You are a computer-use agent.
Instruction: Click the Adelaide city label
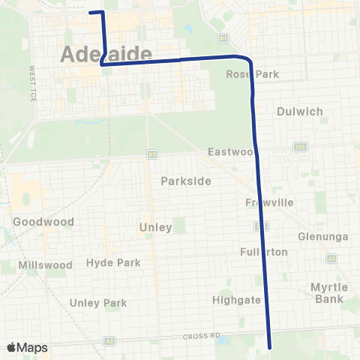(104, 54)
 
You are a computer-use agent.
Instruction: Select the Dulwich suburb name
(299, 111)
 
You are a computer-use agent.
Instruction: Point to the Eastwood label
(232, 152)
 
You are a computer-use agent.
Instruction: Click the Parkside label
(185, 181)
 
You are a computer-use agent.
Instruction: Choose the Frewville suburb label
(268, 203)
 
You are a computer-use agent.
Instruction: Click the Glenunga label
(323, 236)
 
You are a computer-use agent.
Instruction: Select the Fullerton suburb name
(263, 252)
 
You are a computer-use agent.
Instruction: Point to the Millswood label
(46, 265)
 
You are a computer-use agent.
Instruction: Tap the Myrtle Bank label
(327, 293)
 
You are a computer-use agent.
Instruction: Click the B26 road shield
(301, 146)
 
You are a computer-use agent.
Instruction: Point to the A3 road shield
(331, 258)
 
